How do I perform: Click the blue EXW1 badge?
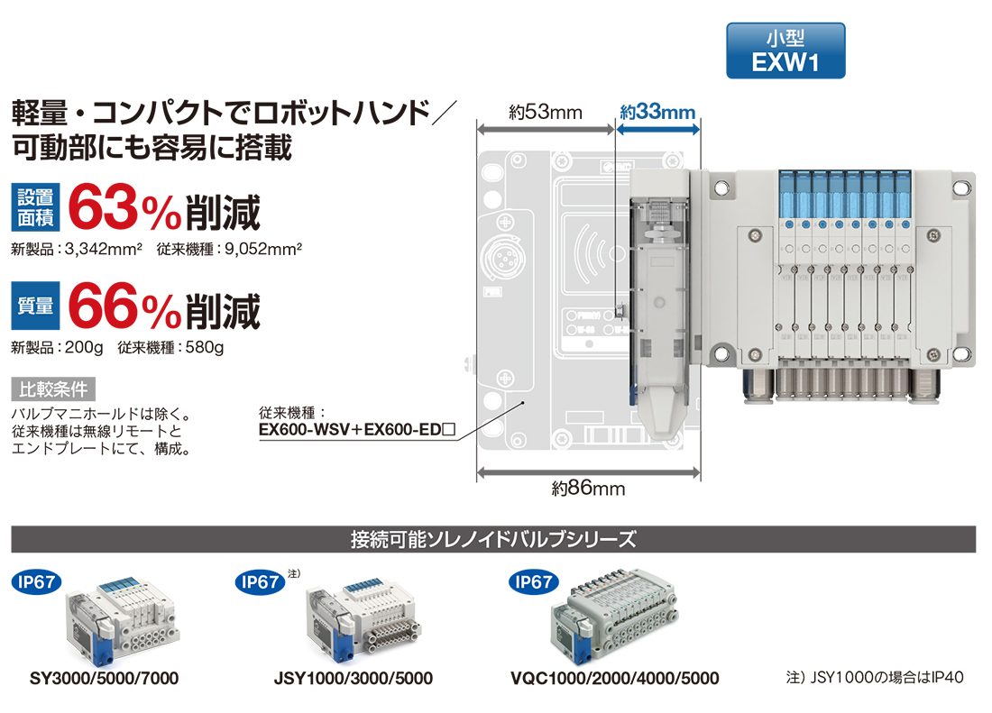(x=785, y=50)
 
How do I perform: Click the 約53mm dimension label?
(x=546, y=112)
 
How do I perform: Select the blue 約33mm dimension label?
(x=657, y=112)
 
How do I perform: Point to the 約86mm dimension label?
(x=588, y=488)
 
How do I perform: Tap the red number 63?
(x=103, y=207)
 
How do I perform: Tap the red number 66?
(x=103, y=306)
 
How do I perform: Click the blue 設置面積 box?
(x=35, y=207)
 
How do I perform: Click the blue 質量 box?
(x=35, y=306)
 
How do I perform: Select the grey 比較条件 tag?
(x=53, y=388)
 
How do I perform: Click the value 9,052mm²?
(x=263, y=249)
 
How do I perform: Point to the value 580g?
(x=205, y=347)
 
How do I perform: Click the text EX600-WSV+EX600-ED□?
(x=357, y=430)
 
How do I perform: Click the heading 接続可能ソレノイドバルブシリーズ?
(x=493, y=539)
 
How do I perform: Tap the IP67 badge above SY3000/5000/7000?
(x=37, y=582)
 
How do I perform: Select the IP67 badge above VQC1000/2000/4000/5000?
(x=534, y=582)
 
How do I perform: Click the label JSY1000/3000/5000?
(x=353, y=678)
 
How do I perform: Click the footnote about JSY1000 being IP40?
(x=875, y=678)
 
